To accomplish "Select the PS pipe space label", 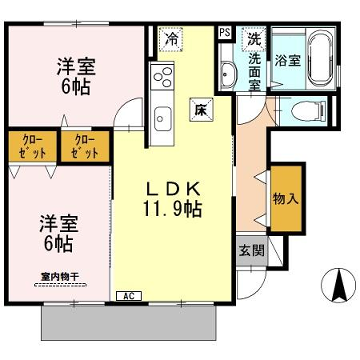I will click(224, 32).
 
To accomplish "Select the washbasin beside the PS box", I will click(229, 74).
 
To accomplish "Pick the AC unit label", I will click(128, 296).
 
